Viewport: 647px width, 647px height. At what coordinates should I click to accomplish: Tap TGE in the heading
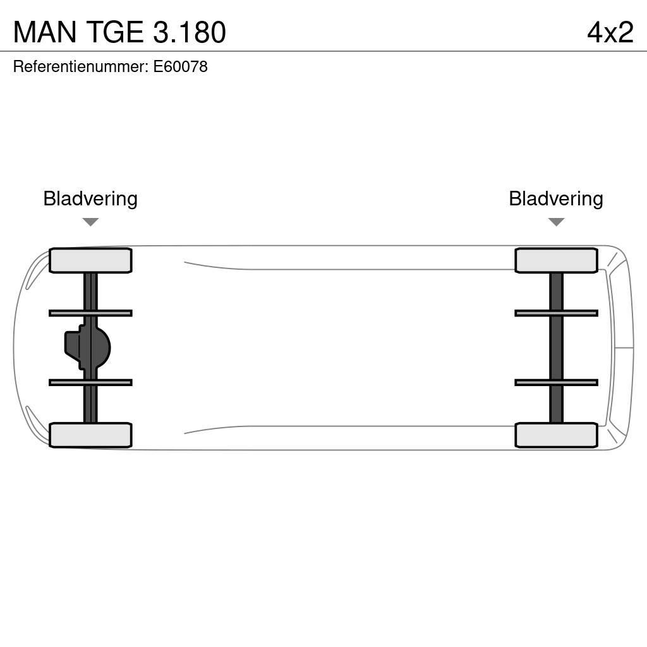114,32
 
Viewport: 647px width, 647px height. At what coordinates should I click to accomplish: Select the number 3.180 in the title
189,32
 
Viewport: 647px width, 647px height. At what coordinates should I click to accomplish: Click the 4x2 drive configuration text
610,32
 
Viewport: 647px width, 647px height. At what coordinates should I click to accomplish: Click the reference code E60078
181,66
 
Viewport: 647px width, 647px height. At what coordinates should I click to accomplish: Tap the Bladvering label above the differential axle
90,198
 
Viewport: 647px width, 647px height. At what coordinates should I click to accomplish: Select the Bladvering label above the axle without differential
556,198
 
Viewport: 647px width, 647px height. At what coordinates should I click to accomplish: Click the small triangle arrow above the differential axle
90,222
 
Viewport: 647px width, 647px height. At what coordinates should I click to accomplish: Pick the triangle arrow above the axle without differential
556,222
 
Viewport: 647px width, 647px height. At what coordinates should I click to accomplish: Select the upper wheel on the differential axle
90,260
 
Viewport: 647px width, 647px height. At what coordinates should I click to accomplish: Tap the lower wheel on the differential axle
90,435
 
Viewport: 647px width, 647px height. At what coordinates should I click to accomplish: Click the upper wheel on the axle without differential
556,260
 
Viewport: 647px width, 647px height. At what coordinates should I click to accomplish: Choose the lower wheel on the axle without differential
556,435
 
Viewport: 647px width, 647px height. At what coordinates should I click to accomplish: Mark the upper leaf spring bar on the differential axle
90,313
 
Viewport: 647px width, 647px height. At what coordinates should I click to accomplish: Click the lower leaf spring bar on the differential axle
90,382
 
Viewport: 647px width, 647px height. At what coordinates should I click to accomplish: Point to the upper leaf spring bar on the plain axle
556,313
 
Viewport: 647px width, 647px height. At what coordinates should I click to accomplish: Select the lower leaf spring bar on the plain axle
556,382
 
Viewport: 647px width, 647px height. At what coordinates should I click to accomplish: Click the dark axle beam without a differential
556,348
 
